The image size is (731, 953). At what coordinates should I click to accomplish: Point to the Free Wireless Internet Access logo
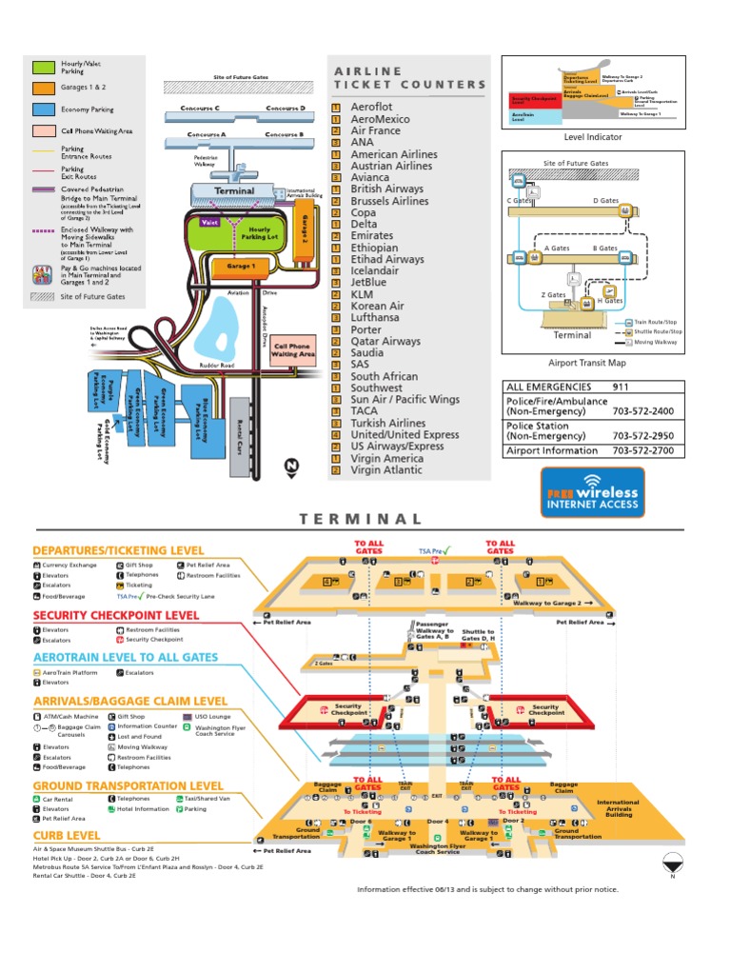(x=591, y=493)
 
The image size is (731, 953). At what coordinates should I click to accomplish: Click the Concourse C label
(x=200, y=109)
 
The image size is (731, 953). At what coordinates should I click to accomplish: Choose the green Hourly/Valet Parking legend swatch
(x=44, y=68)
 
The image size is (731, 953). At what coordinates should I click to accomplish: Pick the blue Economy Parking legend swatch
(x=44, y=109)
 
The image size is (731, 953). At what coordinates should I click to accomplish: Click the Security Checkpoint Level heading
(x=116, y=615)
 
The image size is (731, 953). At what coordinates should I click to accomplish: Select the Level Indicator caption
(x=592, y=137)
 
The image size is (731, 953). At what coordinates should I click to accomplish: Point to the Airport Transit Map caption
(x=586, y=363)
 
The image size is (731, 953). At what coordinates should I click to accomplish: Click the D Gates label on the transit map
(x=606, y=201)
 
